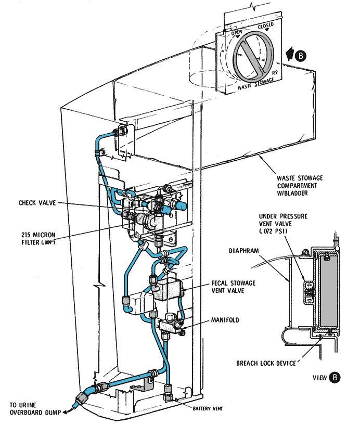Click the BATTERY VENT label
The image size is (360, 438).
[208, 409]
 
